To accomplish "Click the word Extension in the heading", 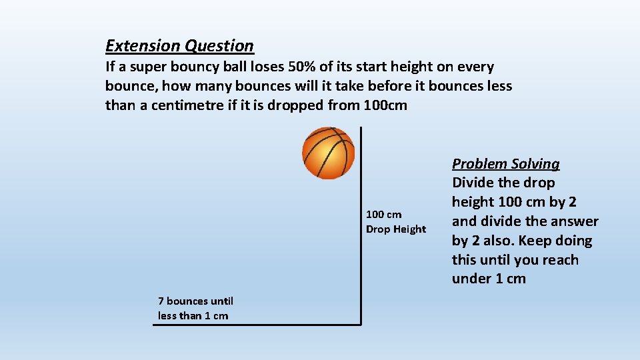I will pyautogui.click(x=143, y=46).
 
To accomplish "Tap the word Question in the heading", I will pyautogui.click(x=219, y=46).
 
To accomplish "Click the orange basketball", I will pyautogui.click(x=329, y=153).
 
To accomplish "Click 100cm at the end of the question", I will pyautogui.click(x=386, y=105).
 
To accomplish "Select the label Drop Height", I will pyautogui.click(x=396, y=229).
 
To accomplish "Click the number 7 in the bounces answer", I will pyautogui.click(x=161, y=301).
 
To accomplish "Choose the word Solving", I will pyautogui.click(x=537, y=164).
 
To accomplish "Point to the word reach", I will pyautogui.click(x=559, y=260).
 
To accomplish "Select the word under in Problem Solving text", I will pyautogui.click(x=473, y=279).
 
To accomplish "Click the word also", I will pyautogui.click(x=489, y=241).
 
